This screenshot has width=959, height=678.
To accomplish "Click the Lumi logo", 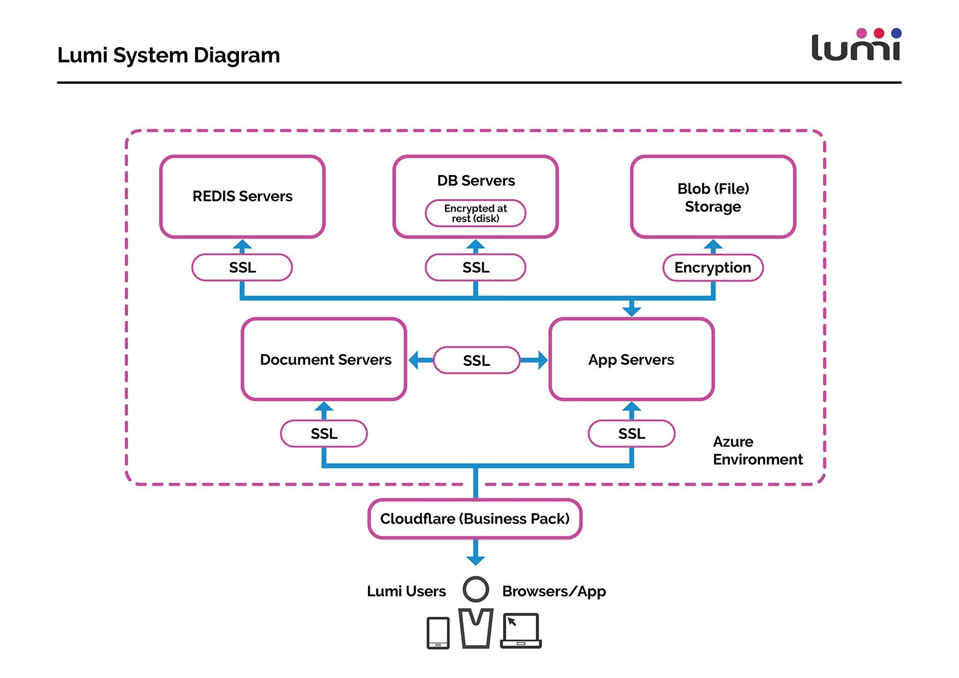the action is point(856,44).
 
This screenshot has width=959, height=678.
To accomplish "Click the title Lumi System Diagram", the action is point(168,55).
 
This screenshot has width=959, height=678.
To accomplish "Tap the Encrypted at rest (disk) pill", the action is point(476,213).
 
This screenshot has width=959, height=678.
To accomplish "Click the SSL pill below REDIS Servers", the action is point(242,267).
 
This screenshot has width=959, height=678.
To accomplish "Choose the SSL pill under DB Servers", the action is point(476,267).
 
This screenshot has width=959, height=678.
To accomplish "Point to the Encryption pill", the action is point(713,267).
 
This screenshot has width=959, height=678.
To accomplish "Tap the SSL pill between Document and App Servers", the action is point(476,360).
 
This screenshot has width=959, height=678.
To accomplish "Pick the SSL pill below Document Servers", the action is point(324,434).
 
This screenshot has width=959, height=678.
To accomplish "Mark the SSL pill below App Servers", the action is point(631,434).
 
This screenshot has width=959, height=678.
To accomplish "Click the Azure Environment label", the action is point(758,451).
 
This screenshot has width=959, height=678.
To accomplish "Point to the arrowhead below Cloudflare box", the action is point(476,560).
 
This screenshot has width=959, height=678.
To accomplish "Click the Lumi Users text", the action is point(406,591).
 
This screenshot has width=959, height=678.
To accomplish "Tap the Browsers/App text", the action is point(554,592).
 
